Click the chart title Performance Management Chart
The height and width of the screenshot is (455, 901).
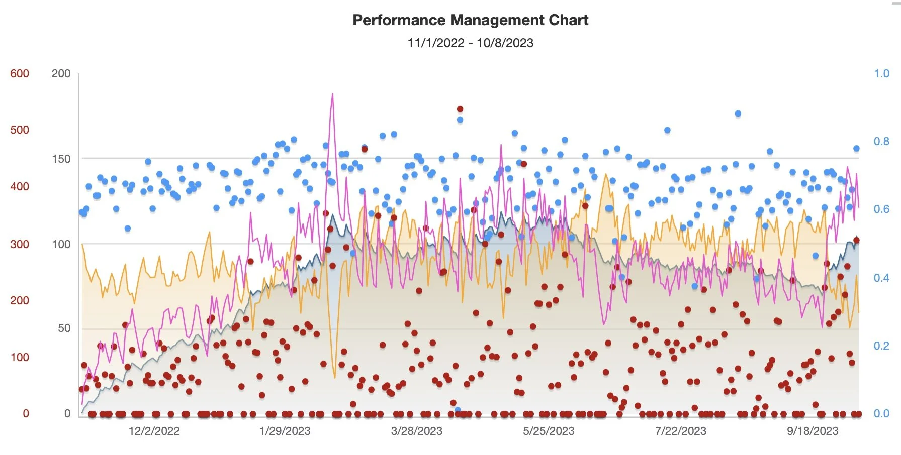pyautogui.click(x=470, y=20)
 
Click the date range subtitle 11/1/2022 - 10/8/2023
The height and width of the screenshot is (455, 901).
pyautogui.click(x=470, y=43)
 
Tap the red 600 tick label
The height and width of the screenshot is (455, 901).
pyautogui.click(x=20, y=73)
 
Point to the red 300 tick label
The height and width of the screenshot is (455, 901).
pyautogui.click(x=20, y=244)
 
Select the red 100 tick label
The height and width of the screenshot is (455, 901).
pyautogui.click(x=20, y=357)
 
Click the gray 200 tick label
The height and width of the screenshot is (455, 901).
pyautogui.click(x=61, y=73)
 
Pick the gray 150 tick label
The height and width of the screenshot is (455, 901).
pyautogui.click(x=61, y=159)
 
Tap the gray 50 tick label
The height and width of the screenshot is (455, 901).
pyautogui.click(x=64, y=328)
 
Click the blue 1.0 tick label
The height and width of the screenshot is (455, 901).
pyautogui.click(x=881, y=73)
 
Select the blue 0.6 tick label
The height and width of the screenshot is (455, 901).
pyautogui.click(x=881, y=209)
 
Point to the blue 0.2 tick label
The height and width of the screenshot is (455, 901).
pyautogui.click(x=881, y=346)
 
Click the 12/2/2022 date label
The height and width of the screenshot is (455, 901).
pyautogui.click(x=154, y=431)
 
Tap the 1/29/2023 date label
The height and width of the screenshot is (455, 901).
pyautogui.click(x=285, y=431)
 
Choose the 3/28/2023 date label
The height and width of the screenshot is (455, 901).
pyautogui.click(x=416, y=431)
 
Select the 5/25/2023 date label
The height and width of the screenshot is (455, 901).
pyautogui.click(x=549, y=431)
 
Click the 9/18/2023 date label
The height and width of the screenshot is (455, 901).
pyautogui.click(x=813, y=431)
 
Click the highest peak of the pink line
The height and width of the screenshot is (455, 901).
pyautogui.click(x=332, y=94)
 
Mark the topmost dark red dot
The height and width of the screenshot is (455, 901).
pyautogui.click(x=460, y=109)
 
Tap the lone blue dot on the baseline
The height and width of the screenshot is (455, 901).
pyautogui.click(x=458, y=410)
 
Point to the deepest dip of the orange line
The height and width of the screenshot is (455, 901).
pyautogui.click(x=335, y=378)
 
